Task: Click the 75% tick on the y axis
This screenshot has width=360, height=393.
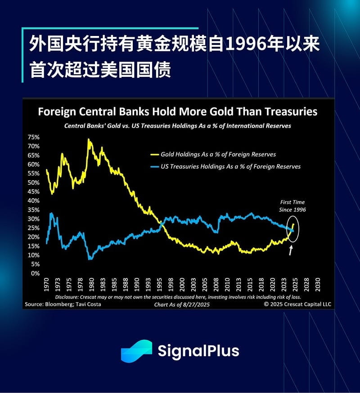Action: [34, 137]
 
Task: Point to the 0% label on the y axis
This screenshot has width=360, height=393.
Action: [36, 273]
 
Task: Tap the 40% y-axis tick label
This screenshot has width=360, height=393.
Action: [34, 201]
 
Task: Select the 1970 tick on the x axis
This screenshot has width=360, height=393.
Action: [46, 285]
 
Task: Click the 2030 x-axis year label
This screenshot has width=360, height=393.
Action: [318, 285]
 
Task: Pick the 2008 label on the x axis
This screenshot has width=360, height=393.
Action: [216, 285]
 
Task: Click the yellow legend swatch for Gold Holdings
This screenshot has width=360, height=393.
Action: [154, 155]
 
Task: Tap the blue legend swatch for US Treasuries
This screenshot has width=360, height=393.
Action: [154, 167]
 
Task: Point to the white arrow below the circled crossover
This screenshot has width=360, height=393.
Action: [291, 250]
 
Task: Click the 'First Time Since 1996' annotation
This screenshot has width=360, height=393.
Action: [292, 206]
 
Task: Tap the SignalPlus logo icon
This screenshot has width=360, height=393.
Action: [136, 351]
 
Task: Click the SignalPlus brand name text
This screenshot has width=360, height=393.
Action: [198, 351]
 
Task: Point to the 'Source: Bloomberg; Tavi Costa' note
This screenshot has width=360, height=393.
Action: [63, 304]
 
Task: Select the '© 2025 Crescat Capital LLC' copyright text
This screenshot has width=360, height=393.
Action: [297, 304]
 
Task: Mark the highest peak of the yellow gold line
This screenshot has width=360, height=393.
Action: [89, 139]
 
